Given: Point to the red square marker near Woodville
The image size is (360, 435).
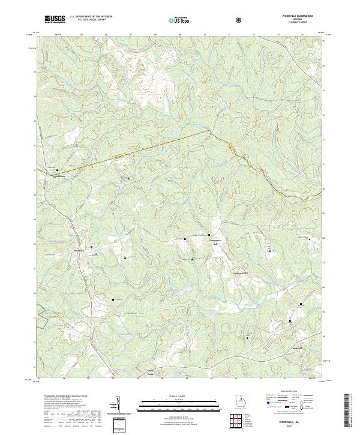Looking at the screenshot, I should click(x=91, y=246).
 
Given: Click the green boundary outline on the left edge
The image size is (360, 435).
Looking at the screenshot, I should click(x=41, y=317).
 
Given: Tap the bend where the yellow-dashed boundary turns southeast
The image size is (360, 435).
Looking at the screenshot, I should click(x=209, y=130).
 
